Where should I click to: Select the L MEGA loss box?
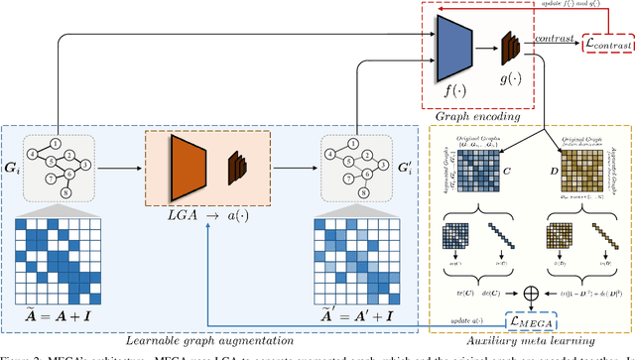530,321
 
